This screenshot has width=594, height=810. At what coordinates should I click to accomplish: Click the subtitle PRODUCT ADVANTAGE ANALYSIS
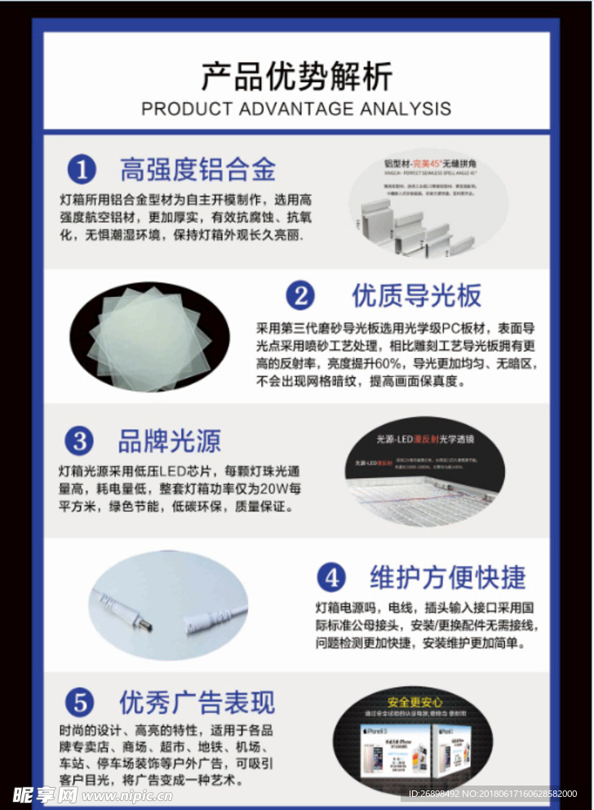[296, 108]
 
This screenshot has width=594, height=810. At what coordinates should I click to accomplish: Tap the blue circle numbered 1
[82, 170]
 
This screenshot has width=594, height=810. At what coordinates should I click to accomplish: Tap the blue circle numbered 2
[300, 295]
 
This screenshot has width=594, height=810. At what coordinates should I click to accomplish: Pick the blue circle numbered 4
[330, 578]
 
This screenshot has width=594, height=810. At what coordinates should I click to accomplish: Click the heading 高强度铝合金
[198, 170]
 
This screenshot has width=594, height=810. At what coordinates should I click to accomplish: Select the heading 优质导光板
[416, 295]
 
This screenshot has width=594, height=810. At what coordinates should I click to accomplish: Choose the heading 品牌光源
[169, 441]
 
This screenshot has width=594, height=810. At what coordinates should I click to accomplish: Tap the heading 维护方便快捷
[448, 578]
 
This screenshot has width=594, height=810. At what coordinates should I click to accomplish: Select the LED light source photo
[424, 471]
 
